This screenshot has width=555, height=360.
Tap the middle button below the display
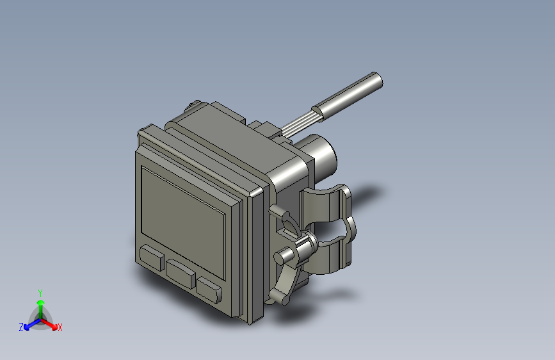point(181,273)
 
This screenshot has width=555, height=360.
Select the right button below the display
point(209,290)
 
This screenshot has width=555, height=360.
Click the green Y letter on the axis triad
point(40,291)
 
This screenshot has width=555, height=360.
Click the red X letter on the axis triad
point(60,327)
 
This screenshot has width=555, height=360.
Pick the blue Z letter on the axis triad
point(21,327)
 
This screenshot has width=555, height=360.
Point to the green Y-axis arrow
point(40,304)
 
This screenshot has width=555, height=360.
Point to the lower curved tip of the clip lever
point(277,297)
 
